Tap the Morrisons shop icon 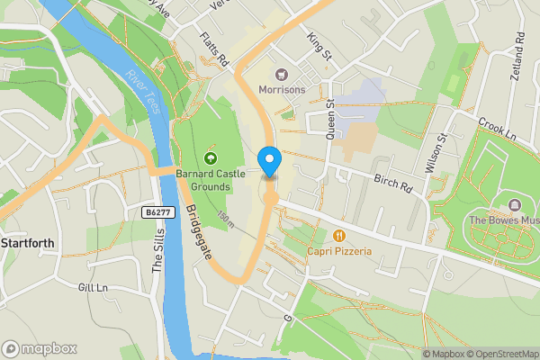(x=281, y=75)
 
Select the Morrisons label (x=282, y=90)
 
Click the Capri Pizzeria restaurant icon (x=339, y=236)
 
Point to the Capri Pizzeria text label (x=339, y=251)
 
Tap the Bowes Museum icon (x=514, y=205)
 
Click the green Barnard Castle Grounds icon (x=210, y=159)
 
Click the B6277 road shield (x=157, y=212)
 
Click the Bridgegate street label (x=199, y=232)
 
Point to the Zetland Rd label (x=518, y=57)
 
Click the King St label (x=319, y=48)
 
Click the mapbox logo (x=40, y=348)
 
